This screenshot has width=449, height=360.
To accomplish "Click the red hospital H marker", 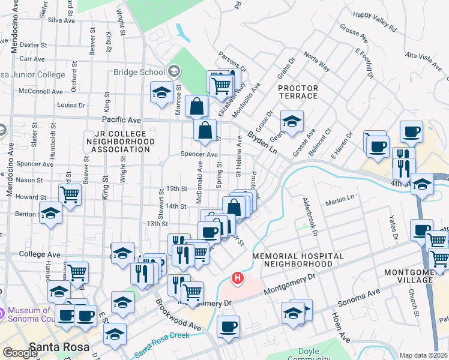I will (x=238, y=278).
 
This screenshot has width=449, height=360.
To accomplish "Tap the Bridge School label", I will (x=140, y=72).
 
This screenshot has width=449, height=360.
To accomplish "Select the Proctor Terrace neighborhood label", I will (x=298, y=92).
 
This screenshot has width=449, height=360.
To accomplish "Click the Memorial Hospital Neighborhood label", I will (x=298, y=260).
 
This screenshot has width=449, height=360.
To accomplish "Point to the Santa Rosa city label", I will (x=59, y=347).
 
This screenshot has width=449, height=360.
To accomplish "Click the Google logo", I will (x=20, y=353).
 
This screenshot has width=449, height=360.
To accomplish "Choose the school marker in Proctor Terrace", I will (x=292, y=121).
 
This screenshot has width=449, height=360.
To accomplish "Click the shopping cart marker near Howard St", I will (x=70, y=194).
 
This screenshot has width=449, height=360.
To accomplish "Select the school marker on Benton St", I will (x=51, y=213).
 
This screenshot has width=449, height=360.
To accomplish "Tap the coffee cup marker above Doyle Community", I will (x=228, y=327).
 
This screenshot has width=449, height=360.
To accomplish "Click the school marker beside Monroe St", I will (x=161, y=93).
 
